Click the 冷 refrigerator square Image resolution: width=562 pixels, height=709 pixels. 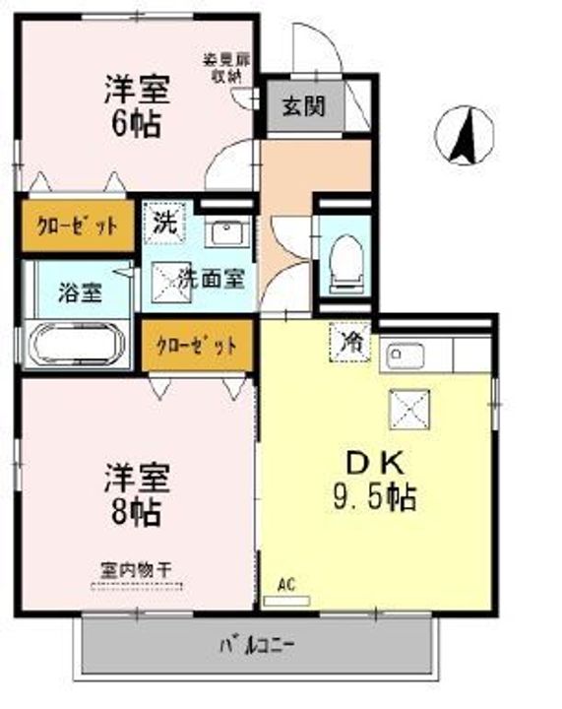coord(350,343)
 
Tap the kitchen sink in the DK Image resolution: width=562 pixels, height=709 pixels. coord(405,355)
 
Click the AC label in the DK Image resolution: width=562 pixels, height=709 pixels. coord(286,584)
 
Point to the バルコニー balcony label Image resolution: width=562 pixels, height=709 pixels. coord(257,647)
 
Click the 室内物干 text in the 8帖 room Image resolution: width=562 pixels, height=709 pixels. coord(136,569)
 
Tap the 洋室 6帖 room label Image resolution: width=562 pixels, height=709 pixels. coord(137,106)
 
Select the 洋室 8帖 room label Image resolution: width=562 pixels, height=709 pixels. coord(137,495)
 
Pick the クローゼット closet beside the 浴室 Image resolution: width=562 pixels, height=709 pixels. coord(76,225)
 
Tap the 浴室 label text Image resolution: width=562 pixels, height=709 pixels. coord(76,291)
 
